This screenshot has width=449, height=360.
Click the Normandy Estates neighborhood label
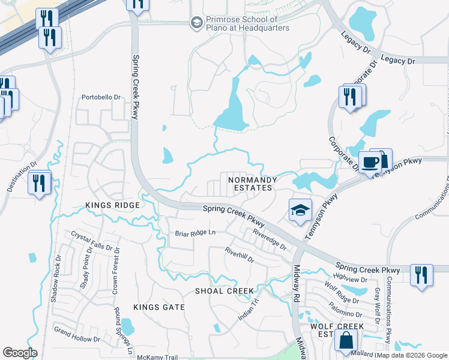[x=252, y=184]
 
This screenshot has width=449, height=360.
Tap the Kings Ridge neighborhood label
[x=112, y=205]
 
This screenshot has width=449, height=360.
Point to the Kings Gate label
[x=158, y=307]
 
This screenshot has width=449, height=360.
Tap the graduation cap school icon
[x=300, y=209]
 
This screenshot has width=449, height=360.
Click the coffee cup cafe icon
[x=371, y=161]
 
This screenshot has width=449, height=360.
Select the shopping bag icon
[x=347, y=341]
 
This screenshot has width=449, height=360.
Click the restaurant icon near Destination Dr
[x=40, y=182]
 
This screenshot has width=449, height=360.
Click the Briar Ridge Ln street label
[x=194, y=232]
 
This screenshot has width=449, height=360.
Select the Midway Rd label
[x=297, y=275]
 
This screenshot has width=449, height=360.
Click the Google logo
[x=20, y=352]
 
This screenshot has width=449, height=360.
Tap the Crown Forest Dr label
[x=116, y=270]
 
